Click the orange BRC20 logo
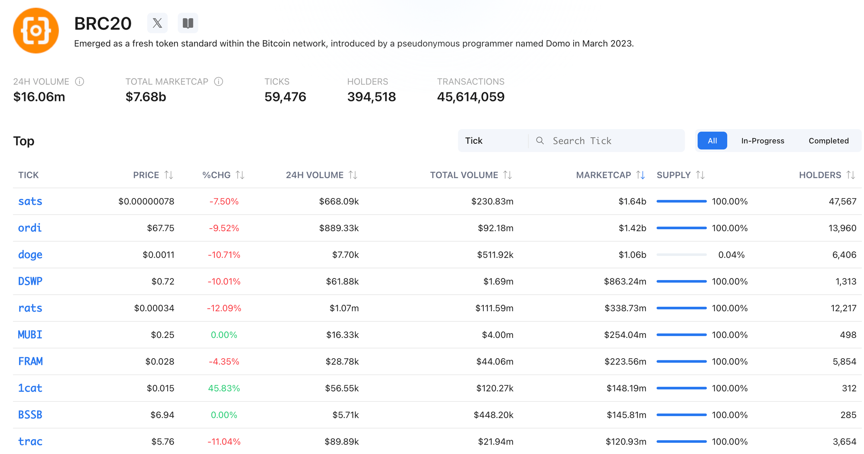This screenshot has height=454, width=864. pyautogui.click(x=36, y=31)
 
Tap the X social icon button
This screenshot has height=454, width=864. pyautogui.click(x=157, y=23)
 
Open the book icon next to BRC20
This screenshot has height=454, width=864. pyautogui.click(x=188, y=23)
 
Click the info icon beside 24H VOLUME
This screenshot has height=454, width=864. pyautogui.click(x=79, y=82)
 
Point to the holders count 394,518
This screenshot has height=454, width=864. pyautogui.click(x=371, y=97)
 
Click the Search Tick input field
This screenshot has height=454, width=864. pyautogui.click(x=613, y=141)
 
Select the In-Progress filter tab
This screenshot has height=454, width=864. pyautogui.click(x=762, y=141)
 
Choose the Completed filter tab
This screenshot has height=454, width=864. pyautogui.click(x=828, y=141)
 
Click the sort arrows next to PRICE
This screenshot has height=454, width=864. pyautogui.click(x=169, y=175)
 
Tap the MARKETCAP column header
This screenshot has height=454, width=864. pyautogui.click(x=603, y=175)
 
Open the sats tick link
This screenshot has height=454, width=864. pyautogui.click(x=30, y=202)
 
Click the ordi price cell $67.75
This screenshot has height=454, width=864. pyautogui.click(x=160, y=228)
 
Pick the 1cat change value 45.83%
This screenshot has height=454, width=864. pyautogui.click(x=224, y=388)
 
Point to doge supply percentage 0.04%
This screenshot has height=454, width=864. pyautogui.click(x=731, y=255)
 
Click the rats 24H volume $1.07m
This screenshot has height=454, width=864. pyautogui.click(x=344, y=308)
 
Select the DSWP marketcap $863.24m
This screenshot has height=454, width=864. pyautogui.click(x=625, y=281)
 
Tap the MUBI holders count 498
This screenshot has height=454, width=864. pyautogui.click(x=848, y=335)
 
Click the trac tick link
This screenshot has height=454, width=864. pyautogui.click(x=30, y=441)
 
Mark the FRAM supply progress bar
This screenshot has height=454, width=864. pyautogui.click(x=681, y=362)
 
